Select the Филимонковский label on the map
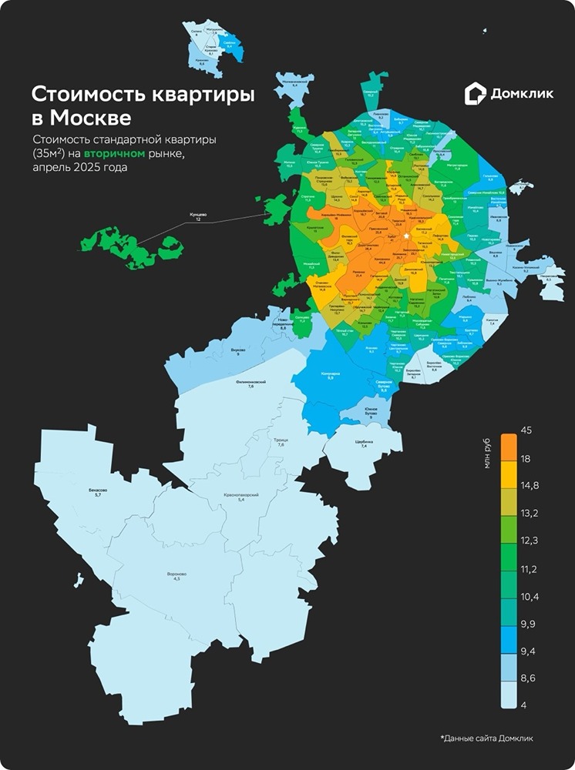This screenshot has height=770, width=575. [x=251, y=383]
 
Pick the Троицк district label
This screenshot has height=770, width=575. [x=281, y=442]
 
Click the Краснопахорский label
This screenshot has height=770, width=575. [x=241, y=497]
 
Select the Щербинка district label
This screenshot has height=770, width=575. [x=365, y=444]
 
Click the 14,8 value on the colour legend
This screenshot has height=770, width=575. [x=530, y=485]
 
